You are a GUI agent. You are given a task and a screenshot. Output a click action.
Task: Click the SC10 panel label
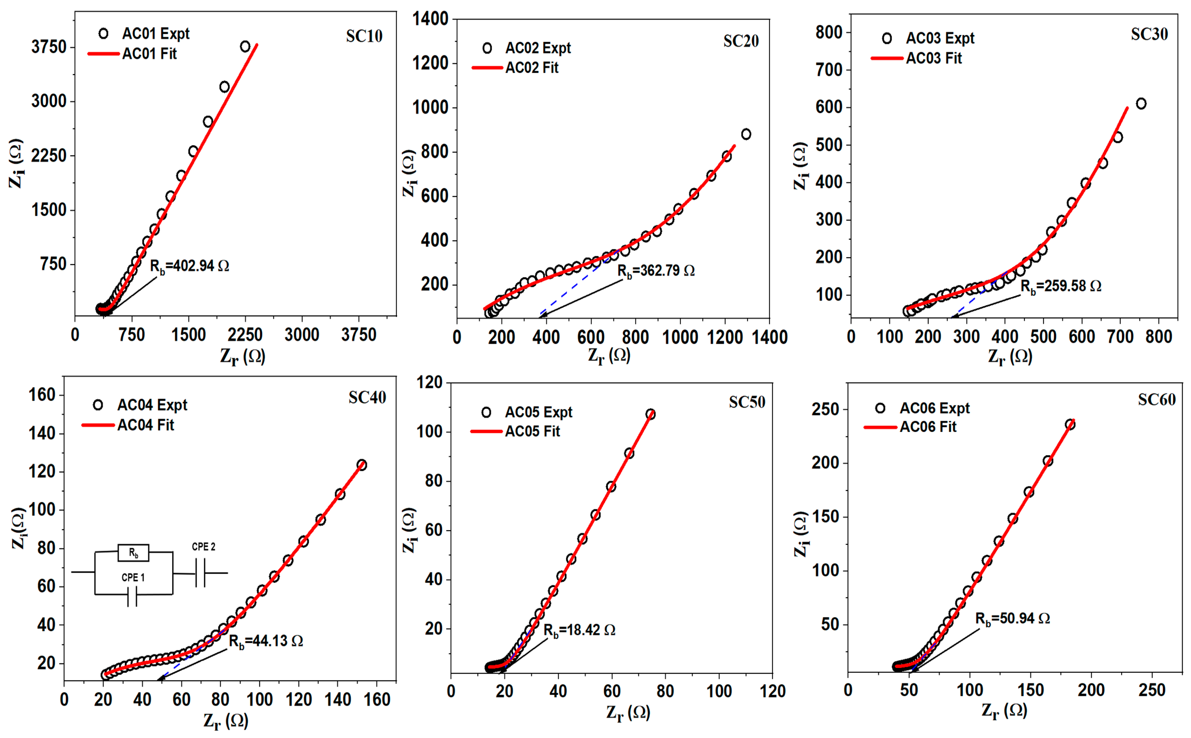tap(364, 36)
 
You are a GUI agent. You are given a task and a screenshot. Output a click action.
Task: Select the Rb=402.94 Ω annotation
tap(189, 266)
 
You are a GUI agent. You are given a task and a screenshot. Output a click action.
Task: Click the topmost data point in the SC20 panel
tap(746, 134)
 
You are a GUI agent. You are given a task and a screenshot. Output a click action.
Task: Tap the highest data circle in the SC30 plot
tap(1141, 103)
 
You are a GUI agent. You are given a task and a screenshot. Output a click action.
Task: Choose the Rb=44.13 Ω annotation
tap(266, 641)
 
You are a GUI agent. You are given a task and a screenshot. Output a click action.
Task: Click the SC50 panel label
tap(747, 402)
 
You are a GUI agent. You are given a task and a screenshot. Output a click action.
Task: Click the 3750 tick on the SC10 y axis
tap(49, 47)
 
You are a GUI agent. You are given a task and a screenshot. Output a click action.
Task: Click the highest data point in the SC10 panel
tap(245, 46)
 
